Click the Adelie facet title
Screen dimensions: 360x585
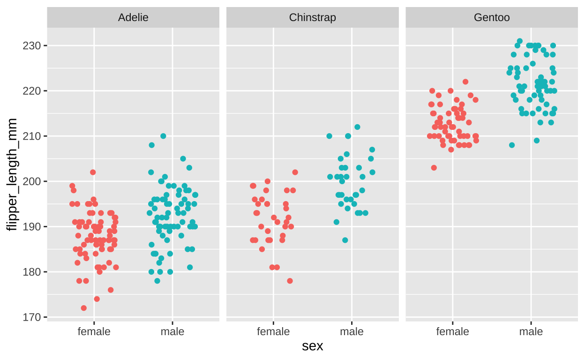pos(133,18)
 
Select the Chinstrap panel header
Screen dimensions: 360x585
pos(312,18)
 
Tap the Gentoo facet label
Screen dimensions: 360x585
pos(492,18)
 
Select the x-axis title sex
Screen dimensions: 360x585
pos(312,346)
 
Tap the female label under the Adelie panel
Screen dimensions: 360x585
pos(94,332)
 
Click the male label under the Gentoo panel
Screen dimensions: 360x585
pos(531,332)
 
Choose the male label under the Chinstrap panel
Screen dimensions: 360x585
pos(352,332)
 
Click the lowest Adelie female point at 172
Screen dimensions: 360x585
pos(83,308)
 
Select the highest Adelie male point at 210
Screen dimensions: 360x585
pos(163,136)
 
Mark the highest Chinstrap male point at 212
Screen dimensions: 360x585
pos(357,127)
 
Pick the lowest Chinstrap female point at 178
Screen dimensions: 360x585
pos(290,281)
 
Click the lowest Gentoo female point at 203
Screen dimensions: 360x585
pos(434,168)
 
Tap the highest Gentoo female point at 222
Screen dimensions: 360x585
pos(465,82)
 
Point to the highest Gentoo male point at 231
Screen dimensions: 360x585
pos(519,41)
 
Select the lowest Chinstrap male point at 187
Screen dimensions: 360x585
pos(345,240)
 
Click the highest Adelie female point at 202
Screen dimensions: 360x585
pos(93,172)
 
